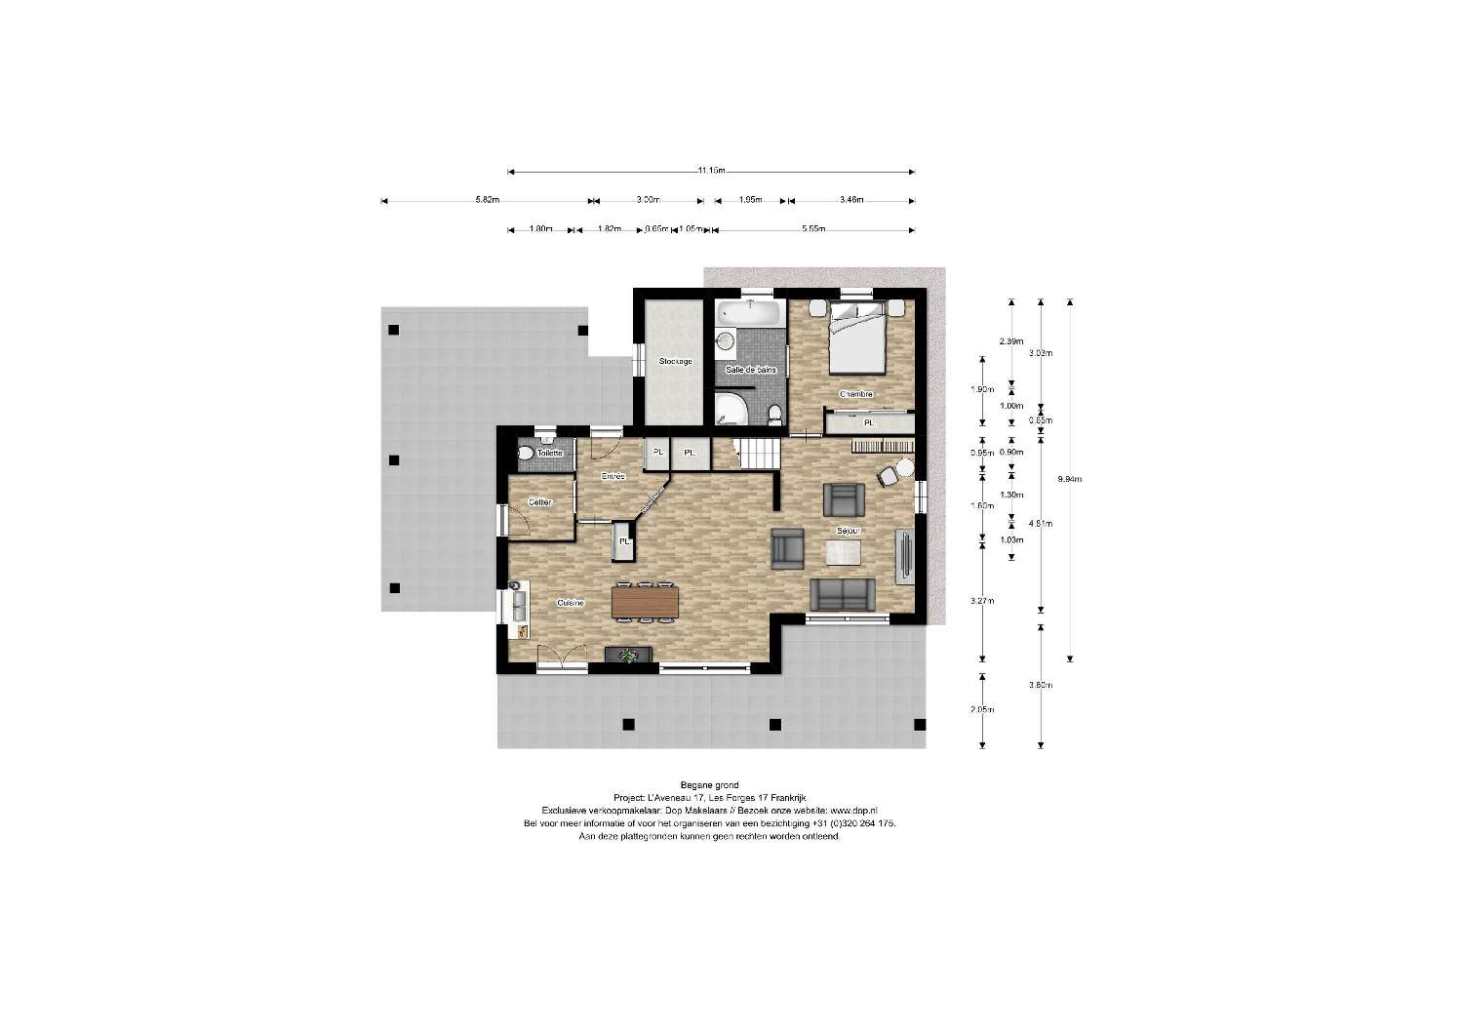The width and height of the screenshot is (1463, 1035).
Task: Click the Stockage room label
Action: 675,361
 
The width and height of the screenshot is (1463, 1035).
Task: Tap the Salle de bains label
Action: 751,370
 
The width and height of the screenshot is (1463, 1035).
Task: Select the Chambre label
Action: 855,394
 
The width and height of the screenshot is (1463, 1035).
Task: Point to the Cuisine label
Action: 571,603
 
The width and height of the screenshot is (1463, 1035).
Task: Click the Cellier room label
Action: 539,502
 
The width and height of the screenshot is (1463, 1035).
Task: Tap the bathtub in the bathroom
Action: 749,313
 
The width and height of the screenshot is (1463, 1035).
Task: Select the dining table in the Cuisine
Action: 644,602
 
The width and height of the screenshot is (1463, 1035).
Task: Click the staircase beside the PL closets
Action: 758,454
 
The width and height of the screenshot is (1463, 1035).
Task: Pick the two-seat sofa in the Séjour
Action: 843,594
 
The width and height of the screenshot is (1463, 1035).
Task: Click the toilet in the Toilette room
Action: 527,454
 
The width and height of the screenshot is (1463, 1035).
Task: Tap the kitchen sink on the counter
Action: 518,603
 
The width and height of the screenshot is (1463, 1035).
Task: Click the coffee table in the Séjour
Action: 844,553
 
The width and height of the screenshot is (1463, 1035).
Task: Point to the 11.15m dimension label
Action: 711,171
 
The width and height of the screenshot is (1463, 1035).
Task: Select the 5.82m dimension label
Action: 488,200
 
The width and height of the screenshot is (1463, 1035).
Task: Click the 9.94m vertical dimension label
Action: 1070,479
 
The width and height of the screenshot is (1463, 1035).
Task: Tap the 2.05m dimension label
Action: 982,709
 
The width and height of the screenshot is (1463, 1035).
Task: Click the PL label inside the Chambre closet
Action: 869,423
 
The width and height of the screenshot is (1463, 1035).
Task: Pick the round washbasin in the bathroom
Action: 725,340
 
